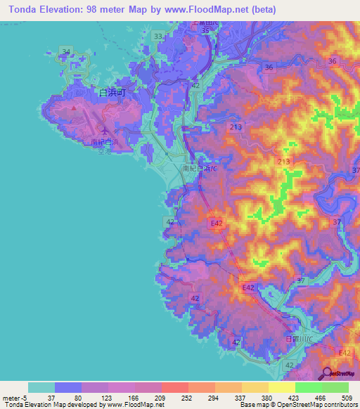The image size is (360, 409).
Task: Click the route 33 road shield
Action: point(158,36)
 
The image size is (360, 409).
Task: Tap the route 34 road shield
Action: point(66,51)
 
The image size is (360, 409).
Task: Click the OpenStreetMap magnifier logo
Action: point(327,373)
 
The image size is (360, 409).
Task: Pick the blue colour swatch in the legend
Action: point(68,387)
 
